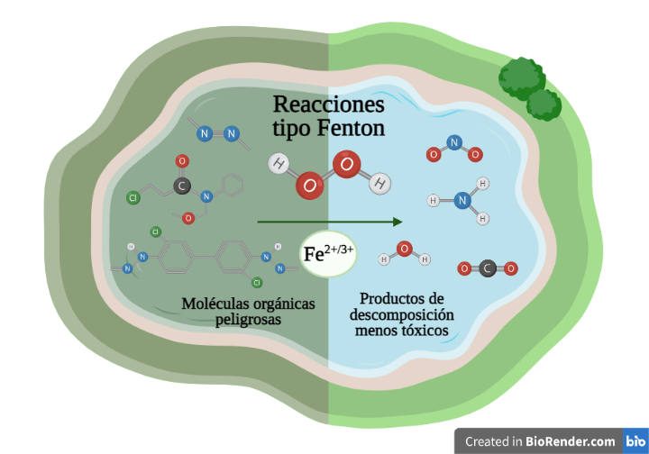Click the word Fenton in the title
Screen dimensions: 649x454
351,128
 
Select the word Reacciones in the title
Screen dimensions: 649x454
329,104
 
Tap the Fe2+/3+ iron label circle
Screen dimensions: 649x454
328,254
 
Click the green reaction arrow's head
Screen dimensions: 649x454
398,222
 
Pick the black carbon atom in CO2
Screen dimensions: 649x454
488,268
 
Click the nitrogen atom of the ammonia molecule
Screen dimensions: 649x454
462,201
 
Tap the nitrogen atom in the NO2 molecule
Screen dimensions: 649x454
454,142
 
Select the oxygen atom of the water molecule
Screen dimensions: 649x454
404,249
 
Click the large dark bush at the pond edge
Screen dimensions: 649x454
522,78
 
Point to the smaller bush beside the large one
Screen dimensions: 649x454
544,105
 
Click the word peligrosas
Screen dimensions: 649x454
248,320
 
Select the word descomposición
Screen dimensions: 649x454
401,314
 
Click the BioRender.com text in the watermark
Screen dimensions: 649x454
571,441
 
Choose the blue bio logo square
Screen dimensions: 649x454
635,440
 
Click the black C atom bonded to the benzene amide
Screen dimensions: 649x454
182,186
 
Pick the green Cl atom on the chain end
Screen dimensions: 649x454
133,197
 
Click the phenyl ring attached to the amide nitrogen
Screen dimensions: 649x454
233,185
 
